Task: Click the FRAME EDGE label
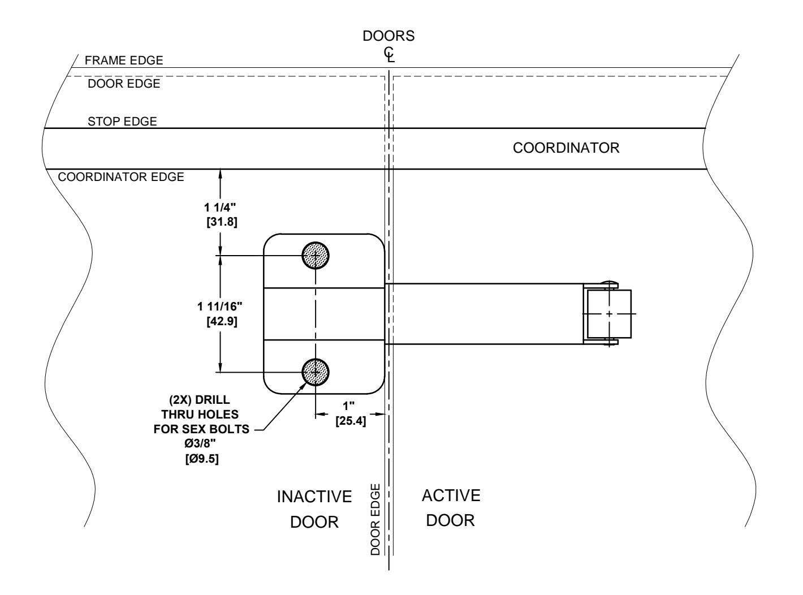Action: pos(124,60)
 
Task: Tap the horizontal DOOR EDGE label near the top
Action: pos(124,84)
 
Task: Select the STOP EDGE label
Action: pos(122,121)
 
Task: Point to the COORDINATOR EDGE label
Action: pos(121,176)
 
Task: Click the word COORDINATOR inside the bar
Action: pos(566,148)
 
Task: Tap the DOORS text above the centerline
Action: pos(388,36)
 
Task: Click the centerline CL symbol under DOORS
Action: pos(389,55)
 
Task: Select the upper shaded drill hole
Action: pos(316,256)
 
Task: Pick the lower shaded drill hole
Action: pos(316,372)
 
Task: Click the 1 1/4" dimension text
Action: pos(220,208)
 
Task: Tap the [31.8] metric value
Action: pos(222,222)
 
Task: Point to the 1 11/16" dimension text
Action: pos(219,307)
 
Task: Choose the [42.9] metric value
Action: pos(222,321)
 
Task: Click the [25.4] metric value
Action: pos(351,421)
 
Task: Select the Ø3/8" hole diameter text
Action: pos(200,443)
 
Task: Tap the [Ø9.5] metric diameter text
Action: pos(202,459)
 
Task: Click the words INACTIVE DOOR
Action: pos(314,509)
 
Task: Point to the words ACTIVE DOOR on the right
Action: pos(451,508)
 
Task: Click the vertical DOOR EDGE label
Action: pos(375,520)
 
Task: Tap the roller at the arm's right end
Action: pos(609,314)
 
